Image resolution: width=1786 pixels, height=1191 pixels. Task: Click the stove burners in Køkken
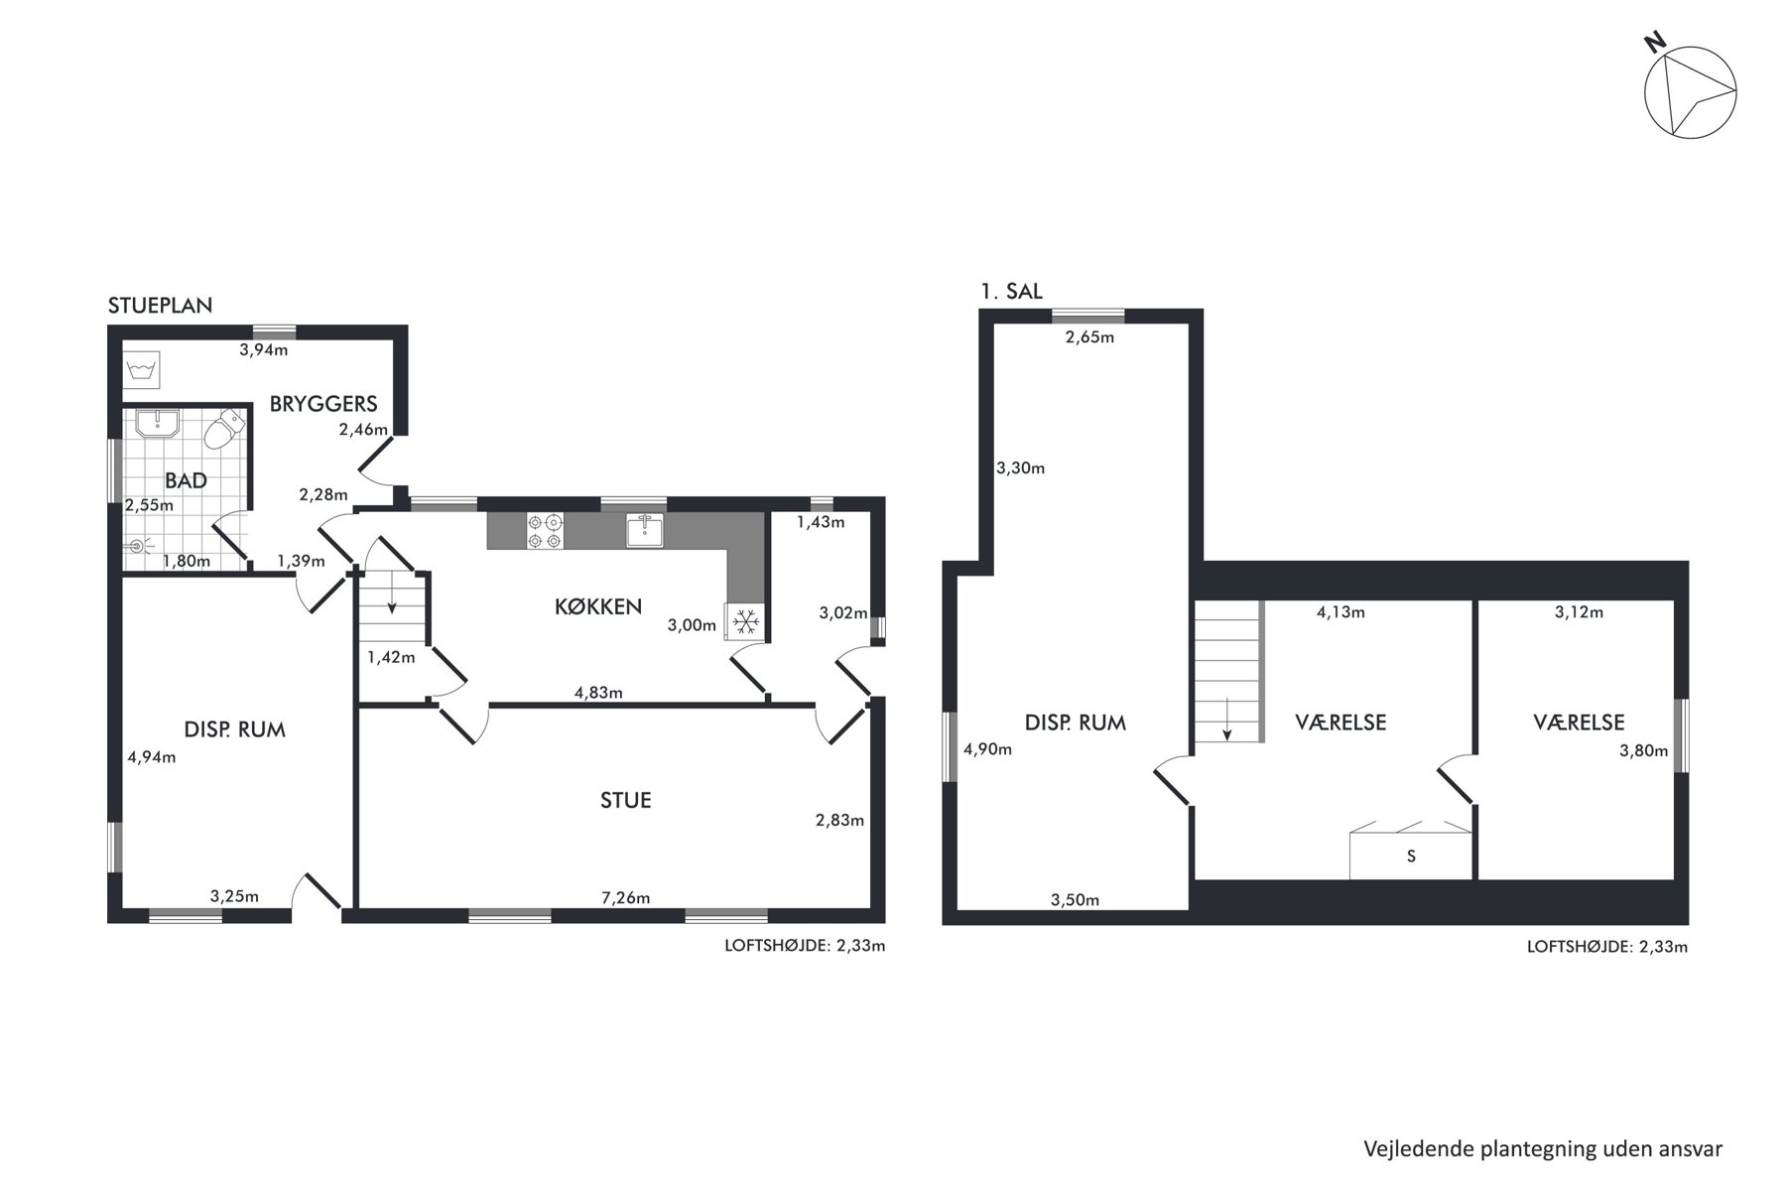(x=545, y=531)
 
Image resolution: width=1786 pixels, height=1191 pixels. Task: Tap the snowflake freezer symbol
(x=745, y=622)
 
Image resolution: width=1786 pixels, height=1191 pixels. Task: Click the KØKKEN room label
(x=598, y=606)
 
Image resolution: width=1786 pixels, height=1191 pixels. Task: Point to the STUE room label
(x=625, y=800)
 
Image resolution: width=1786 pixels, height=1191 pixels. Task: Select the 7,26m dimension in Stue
(x=625, y=898)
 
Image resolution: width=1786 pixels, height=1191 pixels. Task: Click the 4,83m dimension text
(x=598, y=693)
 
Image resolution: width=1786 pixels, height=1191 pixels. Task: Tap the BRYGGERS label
(x=323, y=404)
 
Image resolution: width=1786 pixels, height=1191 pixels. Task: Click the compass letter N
(x=1654, y=43)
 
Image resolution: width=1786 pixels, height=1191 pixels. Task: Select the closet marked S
(x=1411, y=856)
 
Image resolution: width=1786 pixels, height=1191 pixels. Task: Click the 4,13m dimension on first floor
(x=1340, y=612)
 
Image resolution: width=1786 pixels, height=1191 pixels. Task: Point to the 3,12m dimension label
(x=1579, y=612)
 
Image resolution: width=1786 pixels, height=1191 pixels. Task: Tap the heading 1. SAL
(x=1011, y=292)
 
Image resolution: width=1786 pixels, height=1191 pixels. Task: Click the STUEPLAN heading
(x=160, y=306)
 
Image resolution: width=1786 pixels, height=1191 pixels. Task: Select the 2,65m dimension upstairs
(x=1089, y=337)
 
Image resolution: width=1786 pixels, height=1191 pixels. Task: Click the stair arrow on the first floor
(x=1227, y=719)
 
